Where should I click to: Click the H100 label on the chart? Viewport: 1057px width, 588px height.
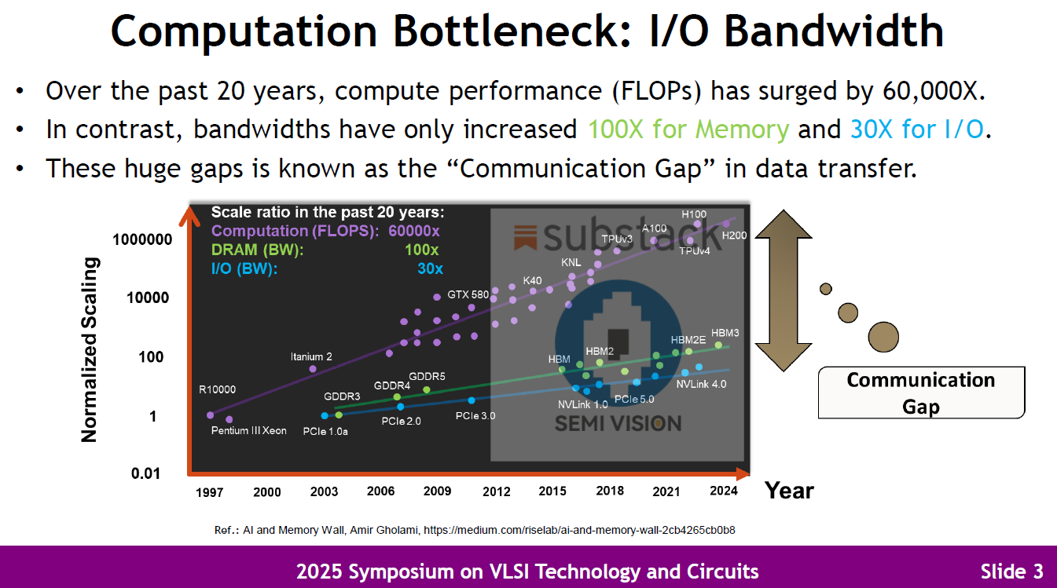[x=694, y=214]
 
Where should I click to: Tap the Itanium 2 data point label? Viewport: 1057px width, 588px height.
[x=311, y=356]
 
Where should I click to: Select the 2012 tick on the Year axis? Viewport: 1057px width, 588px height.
[x=497, y=491]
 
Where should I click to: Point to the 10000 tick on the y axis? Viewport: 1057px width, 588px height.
[x=149, y=298]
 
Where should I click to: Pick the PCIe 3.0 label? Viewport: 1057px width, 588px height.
[x=475, y=415]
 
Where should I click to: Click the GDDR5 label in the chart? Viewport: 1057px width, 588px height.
[x=427, y=376]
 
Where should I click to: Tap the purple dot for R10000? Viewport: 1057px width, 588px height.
[x=210, y=415]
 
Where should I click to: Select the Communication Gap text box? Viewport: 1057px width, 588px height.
[x=921, y=393]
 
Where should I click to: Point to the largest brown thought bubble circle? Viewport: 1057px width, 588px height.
[x=883, y=336]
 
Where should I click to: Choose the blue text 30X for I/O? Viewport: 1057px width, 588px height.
[x=917, y=129]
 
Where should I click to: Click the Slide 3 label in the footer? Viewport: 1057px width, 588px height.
[x=1011, y=571]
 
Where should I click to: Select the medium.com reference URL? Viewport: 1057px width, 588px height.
[x=579, y=530]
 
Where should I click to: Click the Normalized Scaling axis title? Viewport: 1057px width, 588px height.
[x=90, y=349]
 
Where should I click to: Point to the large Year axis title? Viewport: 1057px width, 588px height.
[x=789, y=491]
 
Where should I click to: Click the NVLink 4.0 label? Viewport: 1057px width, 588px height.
[x=701, y=384]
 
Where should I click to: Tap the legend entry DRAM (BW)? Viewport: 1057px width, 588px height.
[x=258, y=250]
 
